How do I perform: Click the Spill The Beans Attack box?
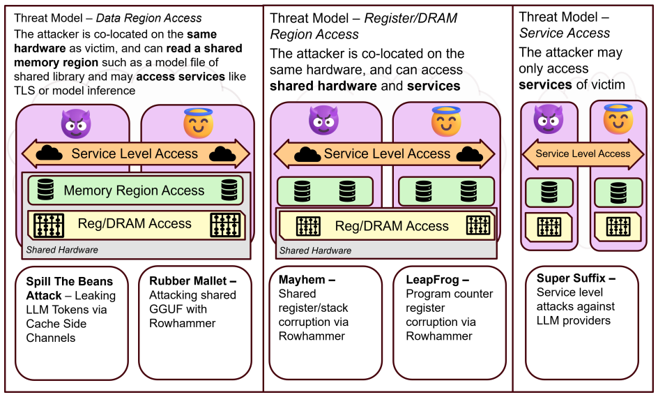click(x=72, y=322)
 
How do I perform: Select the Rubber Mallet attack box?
click(x=195, y=322)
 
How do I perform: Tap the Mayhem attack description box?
click(x=326, y=322)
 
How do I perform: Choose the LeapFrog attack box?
click(x=450, y=322)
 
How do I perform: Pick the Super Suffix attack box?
click(x=581, y=322)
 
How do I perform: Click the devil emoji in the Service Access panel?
click(x=548, y=119)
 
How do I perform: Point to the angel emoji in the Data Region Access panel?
click(x=198, y=123)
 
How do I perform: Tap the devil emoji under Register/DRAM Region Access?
click(x=323, y=120)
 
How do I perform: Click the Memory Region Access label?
click(x=134, y=190)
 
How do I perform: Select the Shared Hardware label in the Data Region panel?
click(x=62, y=250)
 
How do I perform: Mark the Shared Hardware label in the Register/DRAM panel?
click(x=315, y=250)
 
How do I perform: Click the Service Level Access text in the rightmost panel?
click(x=583, y=153)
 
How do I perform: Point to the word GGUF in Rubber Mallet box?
click(x=166, y=309)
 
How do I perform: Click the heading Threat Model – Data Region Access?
click(x=108, y=18)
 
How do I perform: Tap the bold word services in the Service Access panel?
click(x=544, y=85)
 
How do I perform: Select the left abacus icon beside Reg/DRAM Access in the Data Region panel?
click(x=49, y=225)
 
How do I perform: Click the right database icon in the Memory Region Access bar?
click(x=229, y=190)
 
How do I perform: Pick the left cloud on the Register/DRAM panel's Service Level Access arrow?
click(x=307, y=154)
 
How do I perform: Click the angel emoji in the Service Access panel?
click(x=618, y=119)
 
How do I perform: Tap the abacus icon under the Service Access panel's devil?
click(x=549, y=227)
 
